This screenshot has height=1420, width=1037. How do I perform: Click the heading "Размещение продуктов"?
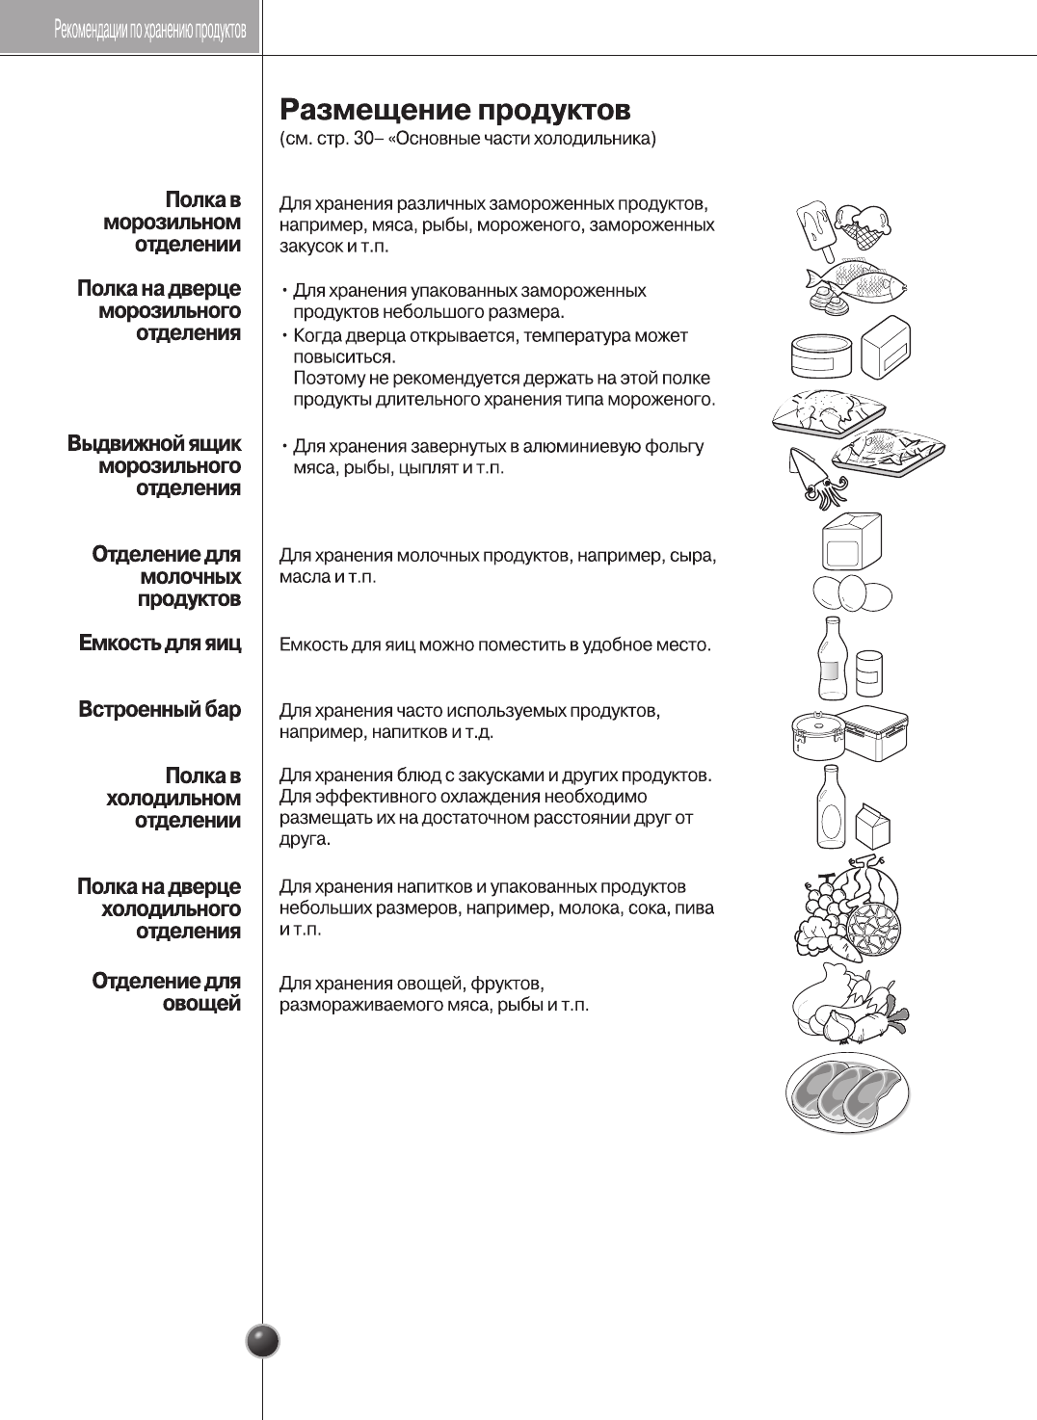[455, 109]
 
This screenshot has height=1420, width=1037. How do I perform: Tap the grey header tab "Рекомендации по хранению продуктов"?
[150, 30]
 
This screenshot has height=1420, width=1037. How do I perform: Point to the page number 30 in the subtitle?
[363, 139]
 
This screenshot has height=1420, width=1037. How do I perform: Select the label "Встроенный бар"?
[160, 710]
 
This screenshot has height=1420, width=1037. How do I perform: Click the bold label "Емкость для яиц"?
[160, 644]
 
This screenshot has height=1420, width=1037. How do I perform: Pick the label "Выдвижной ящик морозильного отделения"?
[155, 466]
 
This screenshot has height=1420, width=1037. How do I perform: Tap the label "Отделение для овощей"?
[167, 992]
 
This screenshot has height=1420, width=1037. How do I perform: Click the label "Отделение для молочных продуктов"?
[167, 576]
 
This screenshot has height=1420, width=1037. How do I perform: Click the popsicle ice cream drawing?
[814, 229]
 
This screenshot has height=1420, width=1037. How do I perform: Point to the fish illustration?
[857, 282]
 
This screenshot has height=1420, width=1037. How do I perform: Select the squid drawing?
[815, 478]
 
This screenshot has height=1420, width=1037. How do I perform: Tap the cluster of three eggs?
[852, 593]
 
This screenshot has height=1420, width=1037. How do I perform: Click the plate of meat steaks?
[847, 1092]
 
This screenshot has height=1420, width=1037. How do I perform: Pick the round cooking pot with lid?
[817, 735]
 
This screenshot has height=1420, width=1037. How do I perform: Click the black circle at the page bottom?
[263, 1341]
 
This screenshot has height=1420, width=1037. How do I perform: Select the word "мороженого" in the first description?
[528, 225]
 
